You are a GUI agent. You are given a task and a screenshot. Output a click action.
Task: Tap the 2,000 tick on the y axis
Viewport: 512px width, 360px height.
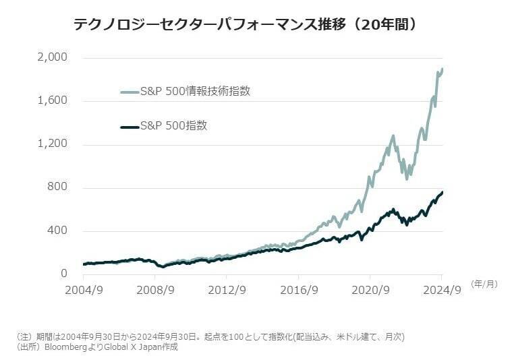pyautogui.click(x=52, y=58)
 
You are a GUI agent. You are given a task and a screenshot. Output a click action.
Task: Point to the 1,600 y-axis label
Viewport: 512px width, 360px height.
pyautogui.click(x=52, y=101)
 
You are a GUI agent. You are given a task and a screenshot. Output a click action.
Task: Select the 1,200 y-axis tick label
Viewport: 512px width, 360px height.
pyautogui.click(x=52, y=144)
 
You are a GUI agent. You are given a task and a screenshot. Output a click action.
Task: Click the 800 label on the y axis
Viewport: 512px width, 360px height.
pyautogui.click(x=59, y=187)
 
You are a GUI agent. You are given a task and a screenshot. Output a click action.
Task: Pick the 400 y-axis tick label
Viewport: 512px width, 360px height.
pyautogui.click(x=59, y=231)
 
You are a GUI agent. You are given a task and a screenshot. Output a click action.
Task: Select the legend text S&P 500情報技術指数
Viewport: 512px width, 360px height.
pyautogui.click(x=194, y=91)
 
